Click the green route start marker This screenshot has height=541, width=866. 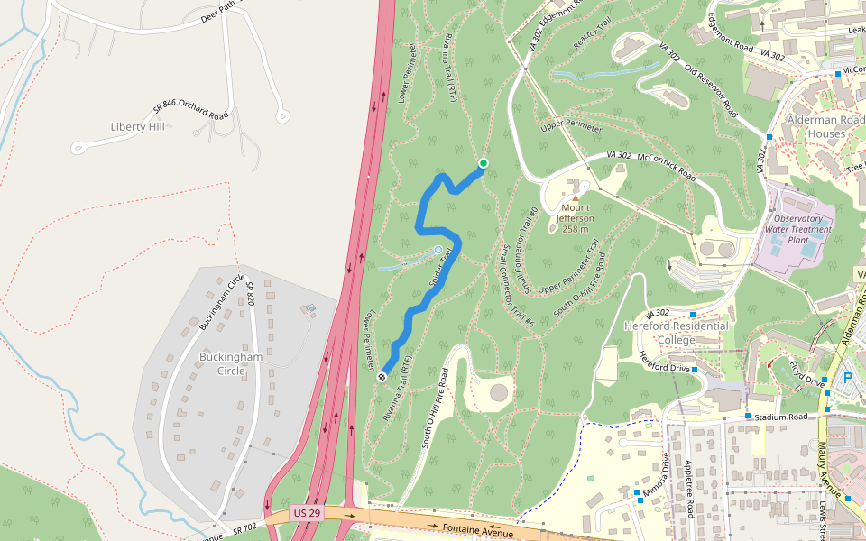point(484,163)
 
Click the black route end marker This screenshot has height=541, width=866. point(382,377)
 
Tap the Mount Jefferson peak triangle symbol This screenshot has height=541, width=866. point(576,198)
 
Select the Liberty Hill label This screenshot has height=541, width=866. point(137,127)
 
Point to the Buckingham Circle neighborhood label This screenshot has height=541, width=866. point(231,363)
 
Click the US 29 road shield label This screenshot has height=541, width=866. point(307,513)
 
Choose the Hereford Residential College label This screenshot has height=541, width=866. point(676,333)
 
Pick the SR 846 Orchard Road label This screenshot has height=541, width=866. point(191,109)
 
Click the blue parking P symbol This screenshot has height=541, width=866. point(847,378)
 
